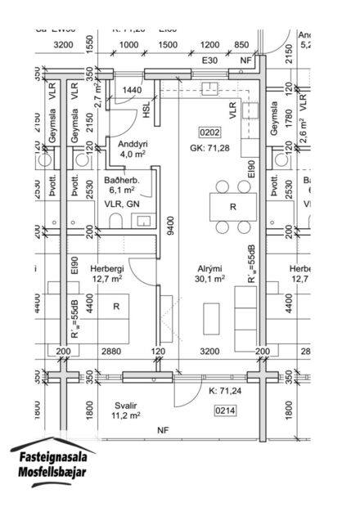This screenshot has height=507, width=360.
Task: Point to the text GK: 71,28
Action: click(209, 148)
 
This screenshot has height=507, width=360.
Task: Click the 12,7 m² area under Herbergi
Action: click(106, 278)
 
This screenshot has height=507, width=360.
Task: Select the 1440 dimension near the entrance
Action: click(133, 90)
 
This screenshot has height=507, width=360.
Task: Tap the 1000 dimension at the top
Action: click(128, 45)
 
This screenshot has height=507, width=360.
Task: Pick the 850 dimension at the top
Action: click(241, 45)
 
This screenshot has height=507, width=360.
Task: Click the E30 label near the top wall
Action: click(210, 61)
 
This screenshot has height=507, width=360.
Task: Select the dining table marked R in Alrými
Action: click(232, 207)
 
